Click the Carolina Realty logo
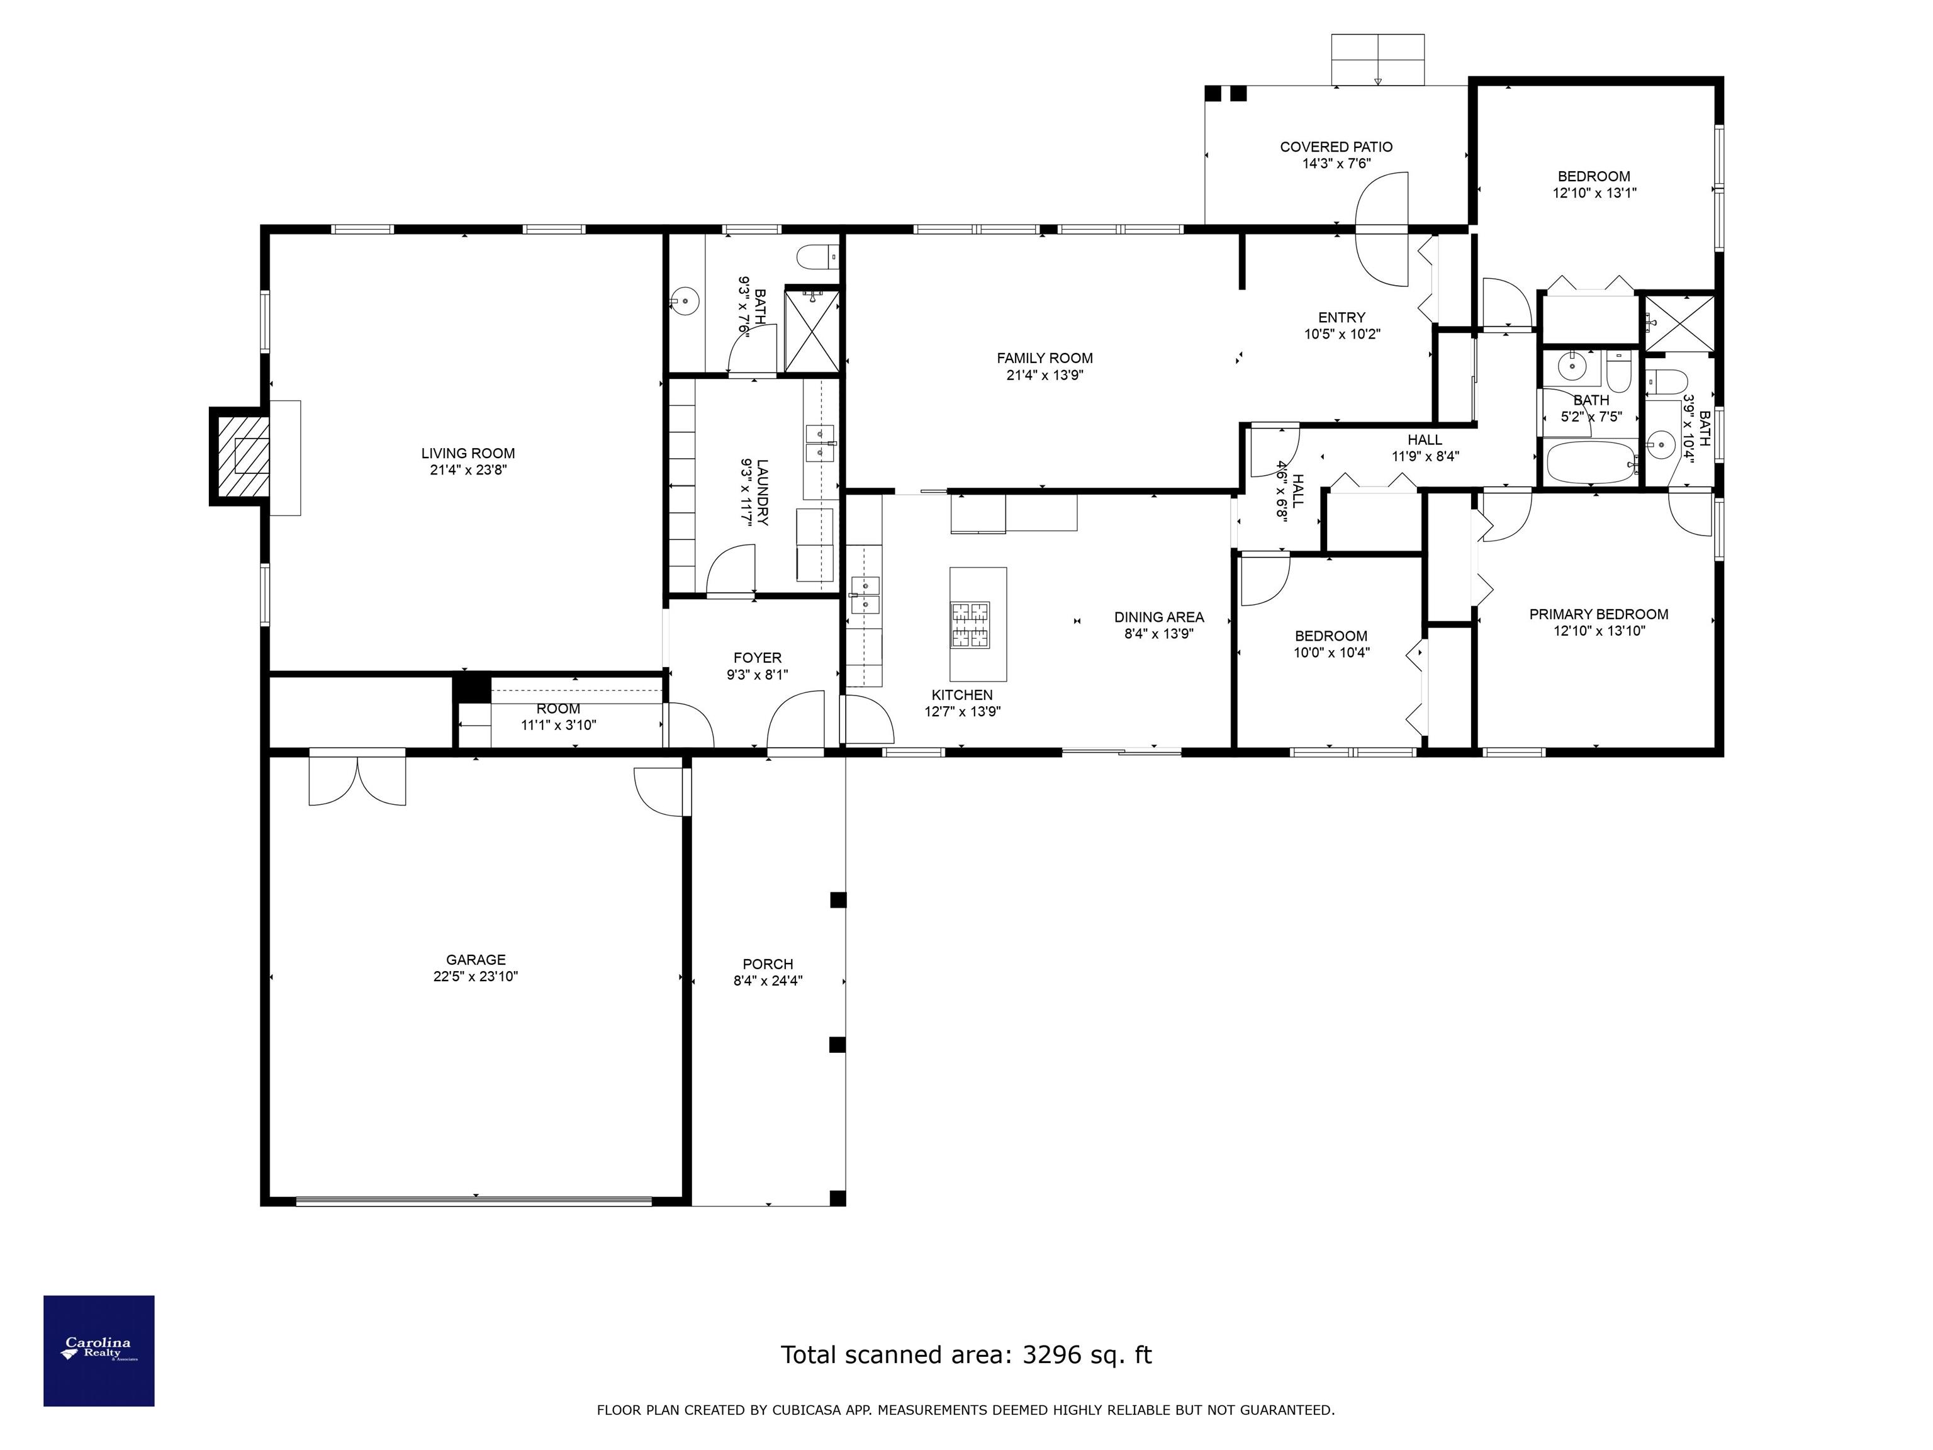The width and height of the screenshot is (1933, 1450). click(99, 1351)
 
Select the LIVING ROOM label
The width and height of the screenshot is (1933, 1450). click(468, 452)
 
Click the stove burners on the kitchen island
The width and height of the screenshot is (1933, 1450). click(970, 624)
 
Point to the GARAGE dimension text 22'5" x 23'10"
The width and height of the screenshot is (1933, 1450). click(476, 976)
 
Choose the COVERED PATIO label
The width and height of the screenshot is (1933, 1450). click(1336, 147)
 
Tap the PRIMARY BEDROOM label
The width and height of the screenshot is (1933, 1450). click(1598, 614)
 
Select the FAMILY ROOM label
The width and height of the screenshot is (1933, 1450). click(1045, 357)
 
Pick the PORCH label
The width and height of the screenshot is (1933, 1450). click(768, 964)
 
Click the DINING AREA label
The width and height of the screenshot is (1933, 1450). click(1159, 617)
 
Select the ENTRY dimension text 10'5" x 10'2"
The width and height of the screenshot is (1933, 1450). click(1342, 334)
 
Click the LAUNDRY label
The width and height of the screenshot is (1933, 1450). click(762, 492)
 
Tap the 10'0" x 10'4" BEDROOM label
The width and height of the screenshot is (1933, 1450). click(1331, 636)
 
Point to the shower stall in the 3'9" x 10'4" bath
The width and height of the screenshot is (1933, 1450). click(1679, 323)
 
